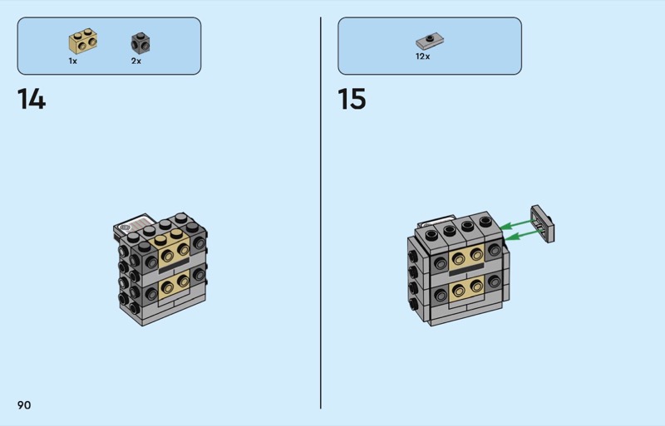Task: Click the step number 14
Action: click(x=31, y=100)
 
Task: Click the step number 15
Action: click(x=352, y=100)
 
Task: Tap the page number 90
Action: click(x=23, y=404)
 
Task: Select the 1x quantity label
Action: click(x=73, y=61)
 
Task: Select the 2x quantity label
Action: click(x=136, y=61)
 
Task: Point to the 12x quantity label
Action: click(x=423, y=57)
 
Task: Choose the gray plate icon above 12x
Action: click(x=430, y=40)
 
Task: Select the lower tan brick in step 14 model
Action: click(x=175, y=286)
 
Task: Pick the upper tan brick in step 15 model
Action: click(x=467, y=254)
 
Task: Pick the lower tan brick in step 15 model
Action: click(x=467, y=289)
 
